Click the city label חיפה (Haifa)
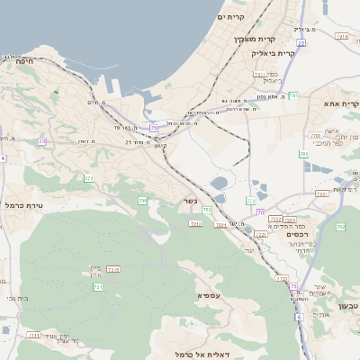coord(19,61)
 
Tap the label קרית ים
coord(231,17)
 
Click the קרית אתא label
coord(342,104)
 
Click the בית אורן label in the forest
coord(97,270)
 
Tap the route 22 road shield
coord(301,42)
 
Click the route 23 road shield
coord(42,141)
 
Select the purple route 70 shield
coord(260,212)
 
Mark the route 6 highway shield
coord(299,317)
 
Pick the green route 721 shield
coord(98,287)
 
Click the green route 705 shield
coord(143,200)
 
